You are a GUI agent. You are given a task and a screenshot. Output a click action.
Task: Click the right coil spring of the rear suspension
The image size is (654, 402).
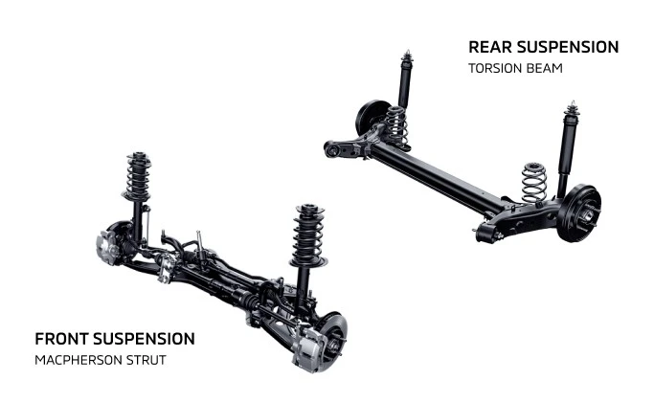(533, 182)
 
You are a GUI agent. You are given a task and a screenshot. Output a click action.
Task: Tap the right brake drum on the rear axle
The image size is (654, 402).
(580, 212)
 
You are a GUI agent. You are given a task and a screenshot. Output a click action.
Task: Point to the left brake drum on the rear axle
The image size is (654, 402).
(371, 118)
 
